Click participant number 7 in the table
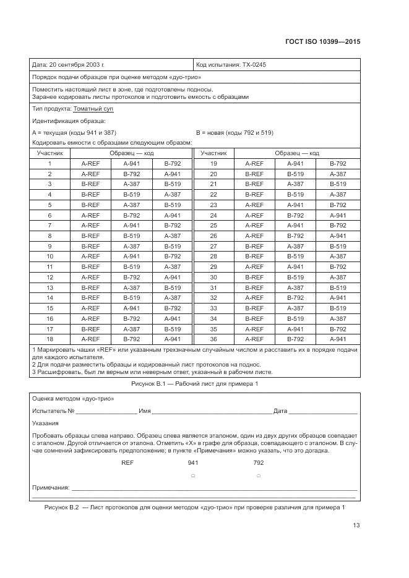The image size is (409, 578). [50, 226]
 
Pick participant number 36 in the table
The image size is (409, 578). [213, 339]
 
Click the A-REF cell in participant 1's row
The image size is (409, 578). [90, 164]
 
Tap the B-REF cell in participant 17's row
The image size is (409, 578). [90, 329]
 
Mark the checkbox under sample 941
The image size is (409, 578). [193, 475]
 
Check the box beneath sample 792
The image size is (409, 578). [258, 475]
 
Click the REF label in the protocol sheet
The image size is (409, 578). [127, 462]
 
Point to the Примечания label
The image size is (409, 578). [50, 488]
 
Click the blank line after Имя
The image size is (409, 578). [211, 410]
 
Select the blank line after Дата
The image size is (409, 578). [322, 410]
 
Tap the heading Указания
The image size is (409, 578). [45, 423]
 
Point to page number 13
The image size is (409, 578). [356, 525]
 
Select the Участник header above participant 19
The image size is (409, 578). [213, 153]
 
